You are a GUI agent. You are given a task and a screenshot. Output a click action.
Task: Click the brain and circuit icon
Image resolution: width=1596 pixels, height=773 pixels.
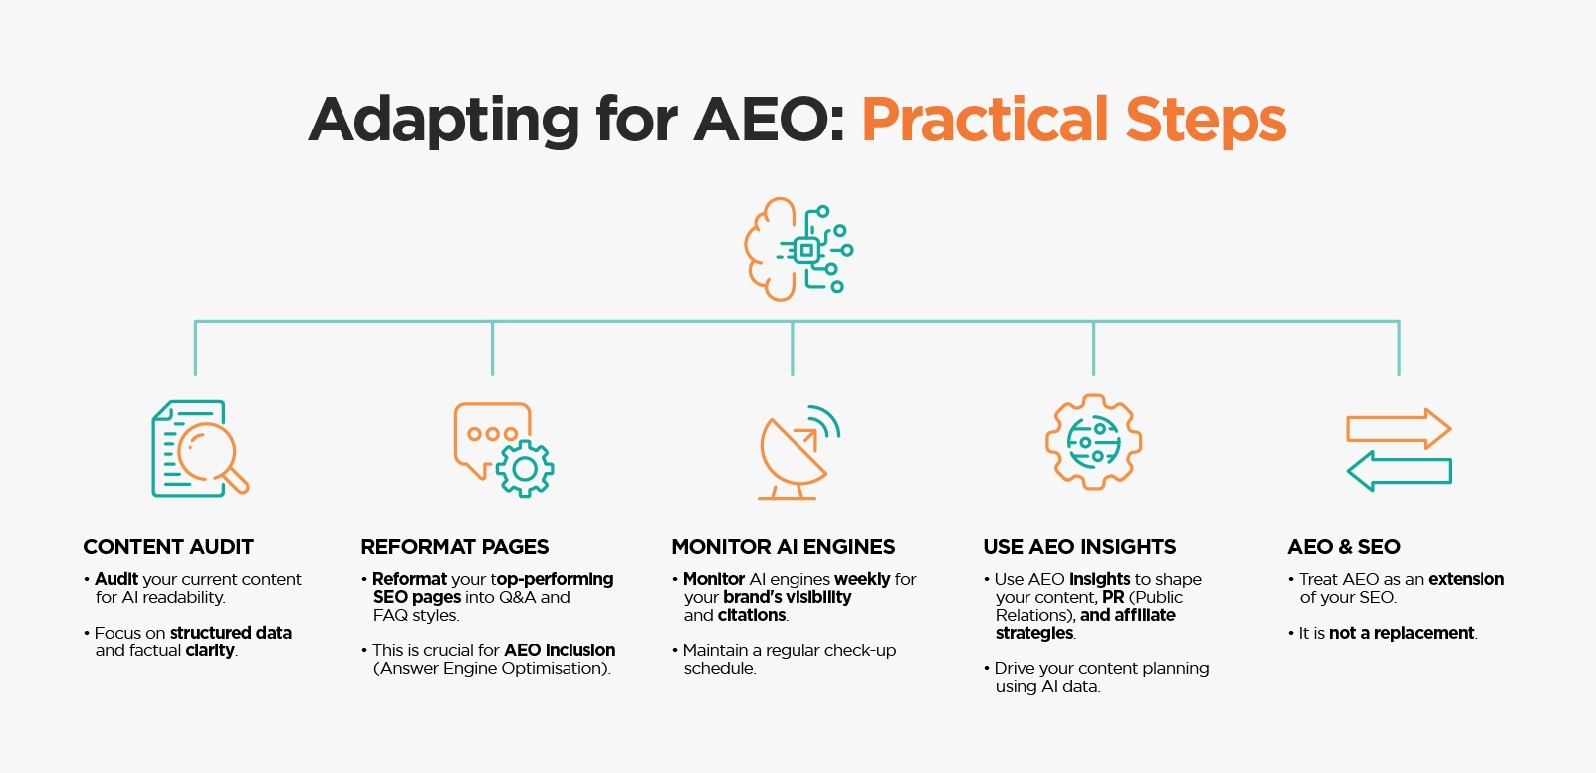point(798,249)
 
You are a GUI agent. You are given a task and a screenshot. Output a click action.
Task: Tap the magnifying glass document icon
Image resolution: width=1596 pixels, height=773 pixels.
point(199,448)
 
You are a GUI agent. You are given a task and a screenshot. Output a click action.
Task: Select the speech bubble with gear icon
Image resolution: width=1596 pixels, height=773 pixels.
point(503,449)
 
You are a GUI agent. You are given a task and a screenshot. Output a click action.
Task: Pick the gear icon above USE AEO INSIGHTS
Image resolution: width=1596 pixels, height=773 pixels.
point(1093,441)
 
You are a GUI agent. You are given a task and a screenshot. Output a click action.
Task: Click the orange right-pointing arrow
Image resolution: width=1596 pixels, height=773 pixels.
point(1398,429)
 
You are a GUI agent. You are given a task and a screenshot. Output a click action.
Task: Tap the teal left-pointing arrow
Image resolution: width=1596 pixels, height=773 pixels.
point(1398,471)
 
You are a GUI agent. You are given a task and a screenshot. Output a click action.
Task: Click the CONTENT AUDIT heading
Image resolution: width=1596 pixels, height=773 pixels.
point(168,547)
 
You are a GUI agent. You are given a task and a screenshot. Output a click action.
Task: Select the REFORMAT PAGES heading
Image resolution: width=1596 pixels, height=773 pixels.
point(455,547)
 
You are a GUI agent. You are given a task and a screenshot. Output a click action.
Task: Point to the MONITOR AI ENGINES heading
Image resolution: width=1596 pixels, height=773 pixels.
point(784,547)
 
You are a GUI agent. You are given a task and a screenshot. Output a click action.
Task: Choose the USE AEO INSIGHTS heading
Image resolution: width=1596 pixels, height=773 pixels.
point(1079,547)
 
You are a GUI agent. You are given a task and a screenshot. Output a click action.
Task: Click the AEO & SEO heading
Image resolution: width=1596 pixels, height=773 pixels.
point(1344,547)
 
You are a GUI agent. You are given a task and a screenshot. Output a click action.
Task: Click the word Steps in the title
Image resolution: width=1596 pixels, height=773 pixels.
point(1206,120)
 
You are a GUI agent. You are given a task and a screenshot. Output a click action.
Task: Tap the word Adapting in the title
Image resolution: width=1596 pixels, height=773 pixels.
point(444,120)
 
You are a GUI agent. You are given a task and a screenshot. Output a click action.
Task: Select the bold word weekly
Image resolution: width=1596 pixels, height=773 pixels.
point(862,579)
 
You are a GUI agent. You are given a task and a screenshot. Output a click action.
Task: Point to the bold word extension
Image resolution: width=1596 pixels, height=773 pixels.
point(1466,579)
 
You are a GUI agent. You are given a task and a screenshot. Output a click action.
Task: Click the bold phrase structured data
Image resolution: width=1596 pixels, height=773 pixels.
point(230,633)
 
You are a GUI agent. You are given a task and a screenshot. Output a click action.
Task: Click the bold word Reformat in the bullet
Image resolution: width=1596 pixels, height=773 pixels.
point(409,579)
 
